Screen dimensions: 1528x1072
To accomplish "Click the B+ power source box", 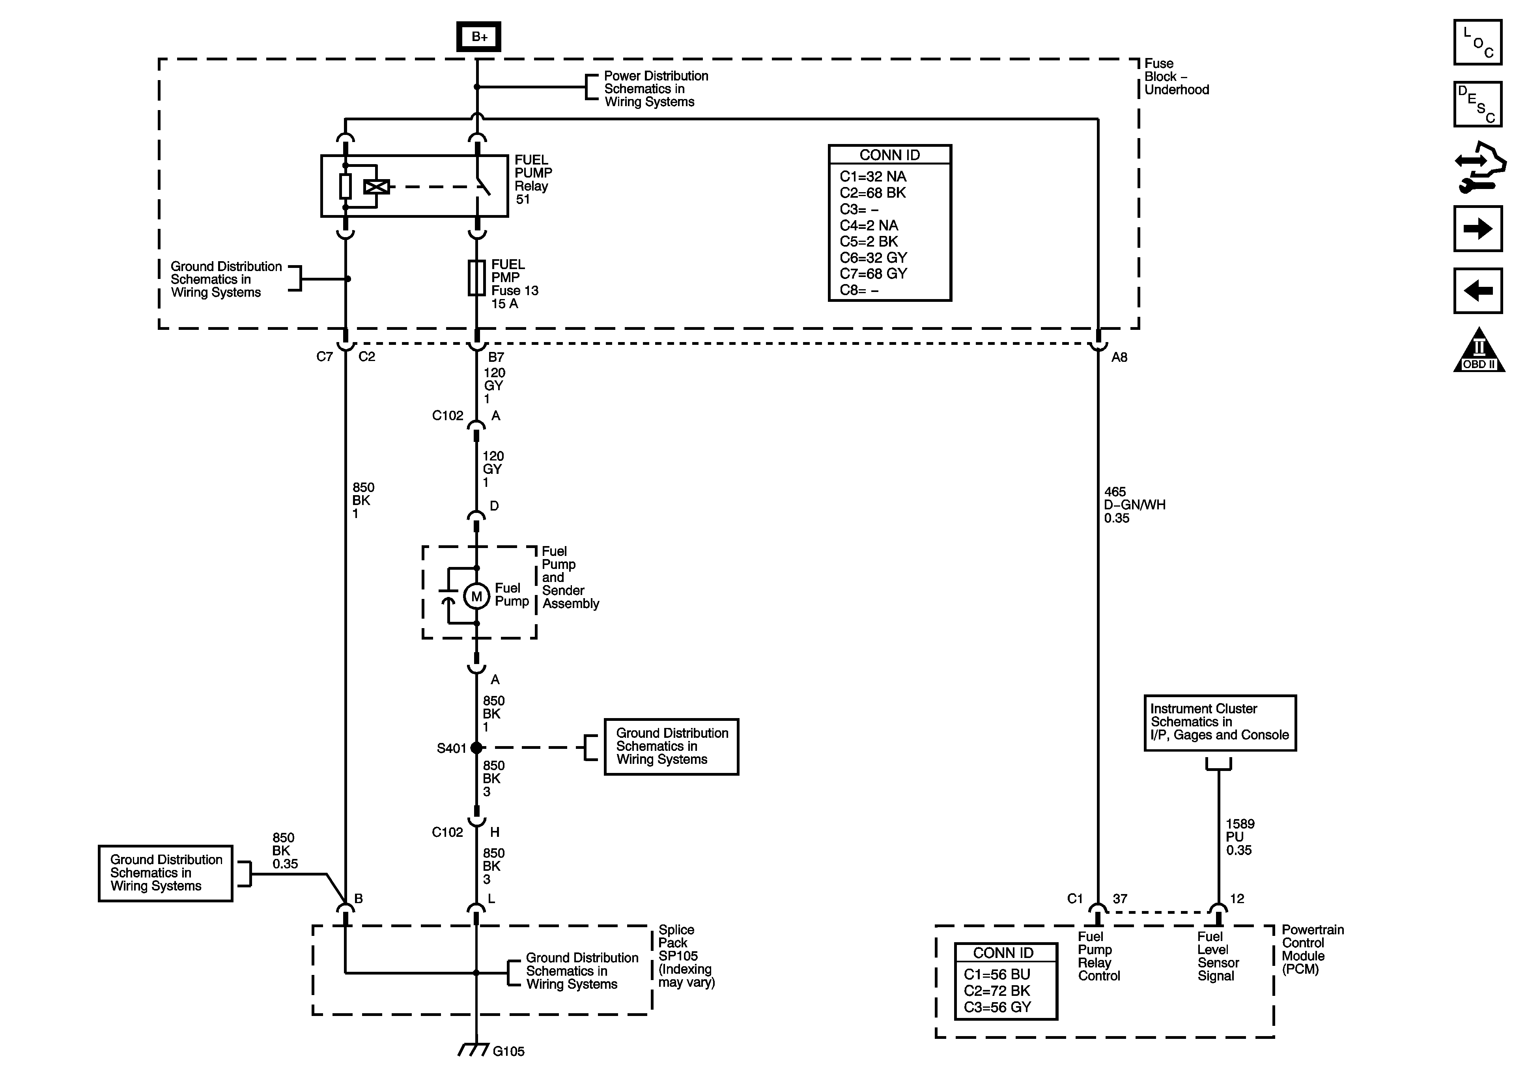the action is [478, 37].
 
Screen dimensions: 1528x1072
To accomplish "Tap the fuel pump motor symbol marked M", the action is [476, 597].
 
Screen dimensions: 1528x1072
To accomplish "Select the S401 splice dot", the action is [476, 748].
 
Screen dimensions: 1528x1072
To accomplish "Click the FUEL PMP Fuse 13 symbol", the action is [476, 278].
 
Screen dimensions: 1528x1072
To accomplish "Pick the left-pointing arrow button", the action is [1478, 291].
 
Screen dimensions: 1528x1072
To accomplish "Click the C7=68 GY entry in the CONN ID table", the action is [873, 274].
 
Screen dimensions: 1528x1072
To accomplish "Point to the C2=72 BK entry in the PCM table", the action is [997, 991].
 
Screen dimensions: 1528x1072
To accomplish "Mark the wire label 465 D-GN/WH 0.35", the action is [1135, 505].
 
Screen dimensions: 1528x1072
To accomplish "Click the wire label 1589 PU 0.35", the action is [1240, 837].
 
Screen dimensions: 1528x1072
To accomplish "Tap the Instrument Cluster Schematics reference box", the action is [1220, 722].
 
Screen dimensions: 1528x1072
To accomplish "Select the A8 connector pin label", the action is [1119, 357].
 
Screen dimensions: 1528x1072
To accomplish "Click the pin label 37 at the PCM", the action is [1120, 899].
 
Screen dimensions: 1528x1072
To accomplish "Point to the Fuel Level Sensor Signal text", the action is [1218, 956].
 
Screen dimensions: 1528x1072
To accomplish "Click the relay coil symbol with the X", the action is [376, 187].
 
